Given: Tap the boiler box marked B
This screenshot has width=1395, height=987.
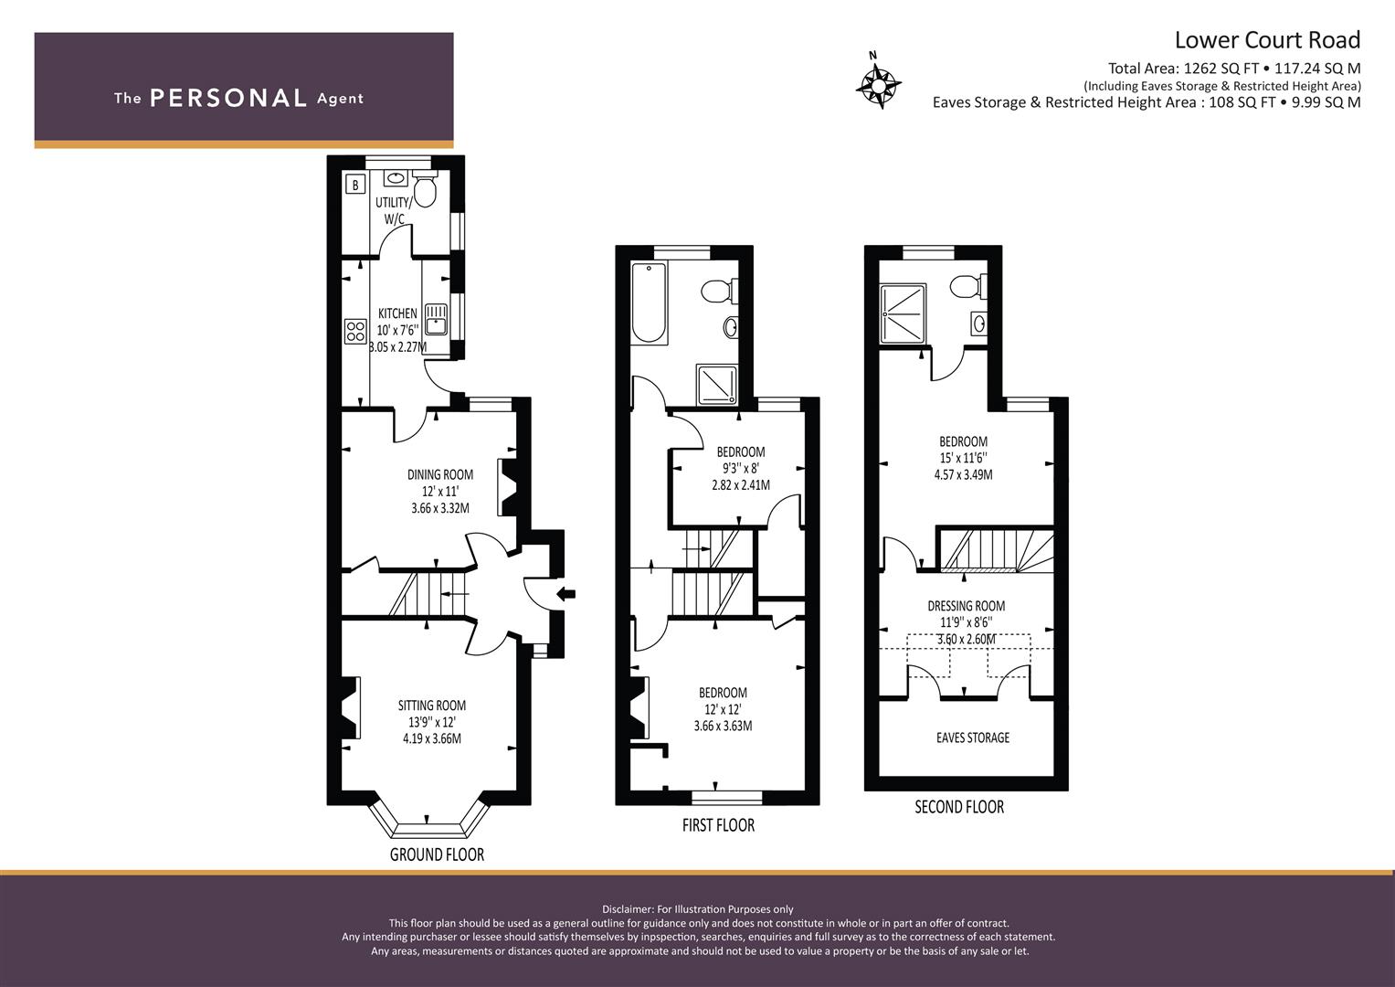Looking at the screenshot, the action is tap(355, 185).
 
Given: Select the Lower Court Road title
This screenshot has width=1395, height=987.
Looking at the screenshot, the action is tap(1267, 40).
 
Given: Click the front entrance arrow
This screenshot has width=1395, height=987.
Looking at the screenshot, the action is tap(566, 594).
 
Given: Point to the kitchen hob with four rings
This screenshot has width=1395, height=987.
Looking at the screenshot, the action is tap(355, 331).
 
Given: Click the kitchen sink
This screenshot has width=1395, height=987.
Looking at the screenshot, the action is tap(436, 320).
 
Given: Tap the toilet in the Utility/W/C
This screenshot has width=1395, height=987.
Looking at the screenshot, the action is tap(426, 189).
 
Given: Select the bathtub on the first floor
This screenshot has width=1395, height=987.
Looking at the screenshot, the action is tap(649, 302).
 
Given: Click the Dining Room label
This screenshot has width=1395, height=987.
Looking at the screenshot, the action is tap(440, 475).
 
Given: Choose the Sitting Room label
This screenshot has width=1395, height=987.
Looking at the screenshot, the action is tap(432, 706).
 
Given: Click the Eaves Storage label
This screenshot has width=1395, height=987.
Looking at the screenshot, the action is tap(973, 738).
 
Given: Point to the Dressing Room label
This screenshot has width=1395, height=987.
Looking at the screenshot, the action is tap(967, 606).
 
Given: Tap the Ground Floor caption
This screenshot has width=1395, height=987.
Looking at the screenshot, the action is tap(438, 854).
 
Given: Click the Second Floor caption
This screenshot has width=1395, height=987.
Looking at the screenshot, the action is tap(959, 807).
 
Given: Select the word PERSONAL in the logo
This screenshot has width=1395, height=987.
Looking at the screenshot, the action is tap(228, 98).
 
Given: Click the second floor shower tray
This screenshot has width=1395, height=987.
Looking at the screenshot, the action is tap(903, 313).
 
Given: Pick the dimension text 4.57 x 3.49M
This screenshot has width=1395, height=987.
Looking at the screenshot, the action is tap(964, 475).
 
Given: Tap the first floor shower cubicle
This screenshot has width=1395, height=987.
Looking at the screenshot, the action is tap(716, 384).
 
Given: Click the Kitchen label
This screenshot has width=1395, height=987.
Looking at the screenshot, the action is tap(398, 313).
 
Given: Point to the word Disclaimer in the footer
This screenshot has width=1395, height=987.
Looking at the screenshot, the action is tap(628, 909).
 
